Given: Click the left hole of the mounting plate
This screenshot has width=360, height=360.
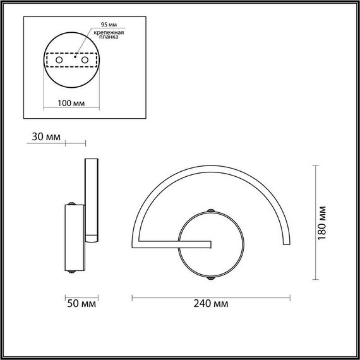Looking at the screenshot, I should coord(60,59).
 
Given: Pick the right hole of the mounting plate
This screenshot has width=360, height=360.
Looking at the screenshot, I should coord(83,59).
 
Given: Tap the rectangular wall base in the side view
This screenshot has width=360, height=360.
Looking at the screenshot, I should coord(73,239).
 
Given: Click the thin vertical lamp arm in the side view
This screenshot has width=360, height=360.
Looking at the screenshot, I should coord(92,196).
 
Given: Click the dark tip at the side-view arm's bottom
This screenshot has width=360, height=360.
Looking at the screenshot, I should coord(92,239).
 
